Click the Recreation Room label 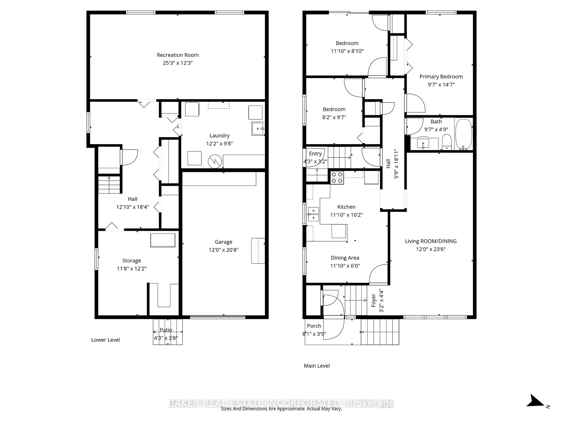[177, 55]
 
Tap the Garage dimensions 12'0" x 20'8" [223, 250]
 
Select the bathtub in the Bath [463, 134]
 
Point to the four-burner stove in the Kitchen [337, 178]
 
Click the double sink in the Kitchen [313, 214]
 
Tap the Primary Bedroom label [441, 77]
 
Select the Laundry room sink [258, 129]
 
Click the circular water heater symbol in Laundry [215, 161]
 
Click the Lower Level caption [106, 340]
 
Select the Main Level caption [317, 366]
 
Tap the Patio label [166, 330]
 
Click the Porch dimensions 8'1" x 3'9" [314, 334]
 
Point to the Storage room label [131, 261]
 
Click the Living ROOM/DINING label [431, 241]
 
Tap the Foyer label [374, 300]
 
